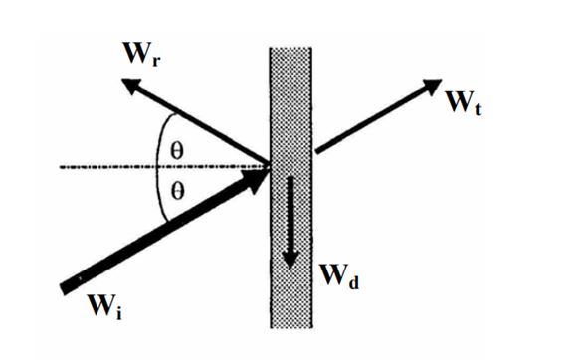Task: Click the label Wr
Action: [x=142, y=54]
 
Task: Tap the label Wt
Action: [x=464, y=102]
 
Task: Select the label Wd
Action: [x=339, y=275]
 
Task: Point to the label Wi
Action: [x=105, y=306]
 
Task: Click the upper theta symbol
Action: [x=177, y=151]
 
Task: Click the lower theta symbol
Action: [x=177, y=192]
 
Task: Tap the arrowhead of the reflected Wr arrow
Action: [x=131, y=87]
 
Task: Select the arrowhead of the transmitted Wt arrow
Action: [x=432, y=87]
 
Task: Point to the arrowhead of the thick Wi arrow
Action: [x=256, y=179]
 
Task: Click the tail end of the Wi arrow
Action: [x=64, y=289]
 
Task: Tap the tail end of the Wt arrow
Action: [x=316, y=150]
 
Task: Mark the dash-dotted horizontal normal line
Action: [x=164, y=167]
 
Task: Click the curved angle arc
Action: [x=158, y=167]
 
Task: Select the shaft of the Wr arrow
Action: [x=201, y=125]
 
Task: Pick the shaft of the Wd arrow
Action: [x=290, y=215]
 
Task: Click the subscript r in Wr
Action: [x=156, y=61]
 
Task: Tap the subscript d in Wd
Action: [x=353, y=282]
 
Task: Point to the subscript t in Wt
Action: [x=478, y=108]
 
